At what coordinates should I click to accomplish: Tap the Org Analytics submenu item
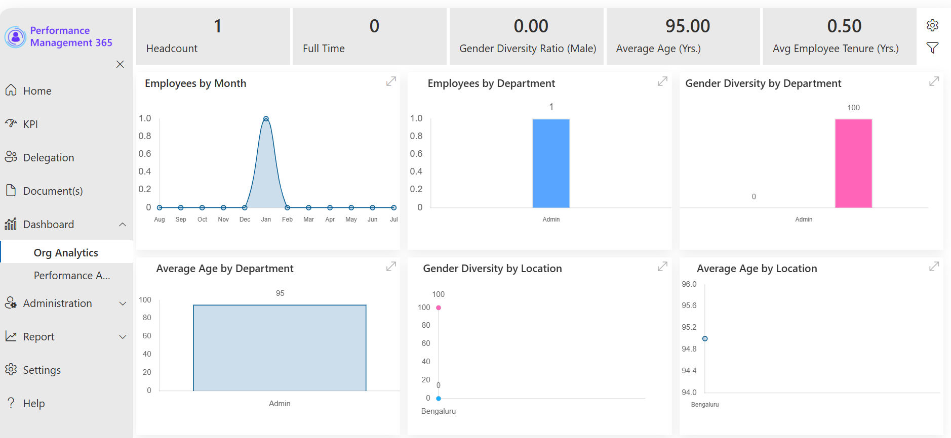pyautogui.click(x=66, y=252)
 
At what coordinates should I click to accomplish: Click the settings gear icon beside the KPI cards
pyautogui.click(x=932, y=25)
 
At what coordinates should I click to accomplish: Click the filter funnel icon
pyautogui.click(x=932, y=48)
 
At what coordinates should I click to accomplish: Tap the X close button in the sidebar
pyautogui.click(x=120, y=64)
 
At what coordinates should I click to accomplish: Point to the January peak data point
pyautogui.click(x=266, y=119)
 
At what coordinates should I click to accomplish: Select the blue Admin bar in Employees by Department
pyautogui.click(x=551, y=163)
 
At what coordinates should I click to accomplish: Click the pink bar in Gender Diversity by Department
pyautogui.click(x=853, y=163)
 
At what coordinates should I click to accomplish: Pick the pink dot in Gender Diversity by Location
pyautogui.click(x=439, y=308)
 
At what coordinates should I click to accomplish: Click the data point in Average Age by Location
pyautogui.click(x=705, y=339)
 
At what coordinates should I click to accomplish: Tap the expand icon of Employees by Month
pyautogui.click(x=391, y=81)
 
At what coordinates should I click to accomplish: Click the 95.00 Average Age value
pyautogui.click(x=688, y=26)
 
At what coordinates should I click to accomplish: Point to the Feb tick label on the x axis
pyautogui.click(x=287, y=220)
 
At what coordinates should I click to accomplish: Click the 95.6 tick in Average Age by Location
pyautogui.click(x=689, y=305)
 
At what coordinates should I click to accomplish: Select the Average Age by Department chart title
pyautogui.click(x=225, y=269)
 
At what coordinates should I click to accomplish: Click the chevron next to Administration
pyautogui.click(x=123, y=303)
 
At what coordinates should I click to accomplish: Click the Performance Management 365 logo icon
pyautogui.click(x=16, y=37)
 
